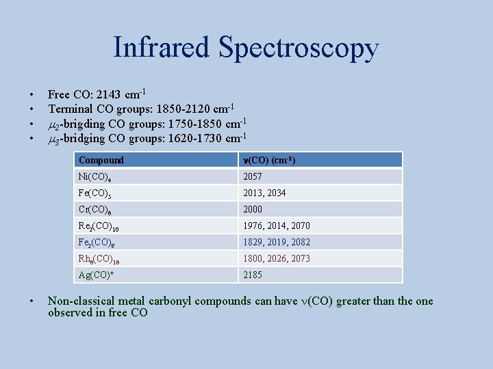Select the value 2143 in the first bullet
tap(111, 95)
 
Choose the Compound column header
tap(101, 160)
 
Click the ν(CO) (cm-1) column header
tap(270, 160)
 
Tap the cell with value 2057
tap(253, 176)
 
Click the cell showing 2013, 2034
tap(264, 193)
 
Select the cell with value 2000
tap(253, 209)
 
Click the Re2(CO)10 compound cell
tap(99, 226)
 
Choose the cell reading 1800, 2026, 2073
tap(276, 258)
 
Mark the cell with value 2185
tap(253, 275)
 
